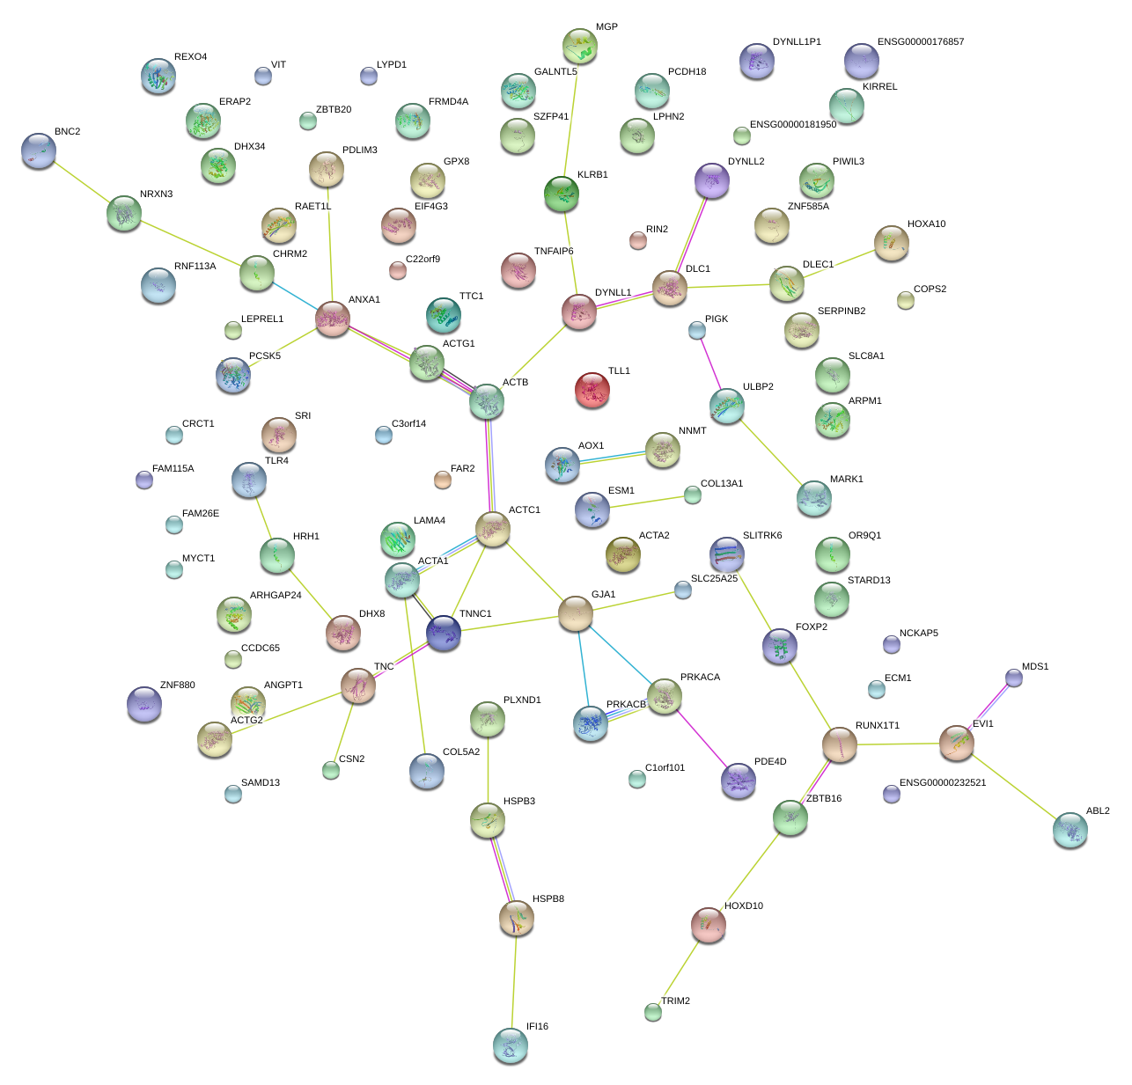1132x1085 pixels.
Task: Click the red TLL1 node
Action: [x=592, y=390]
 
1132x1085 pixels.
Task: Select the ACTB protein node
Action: [x=487, y=401]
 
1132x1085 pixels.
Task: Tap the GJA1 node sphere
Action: [x=576, y=613]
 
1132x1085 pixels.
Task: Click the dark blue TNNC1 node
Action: [x=444, y=632]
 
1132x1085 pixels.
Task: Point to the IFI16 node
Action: [x=511, y=1045]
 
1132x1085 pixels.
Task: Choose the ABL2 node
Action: [x=1070, y=830]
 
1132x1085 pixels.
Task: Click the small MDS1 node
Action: [x=1014, y=678]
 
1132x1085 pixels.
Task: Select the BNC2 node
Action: [x=39, y=150]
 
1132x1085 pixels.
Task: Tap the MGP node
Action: [x=580, y=46]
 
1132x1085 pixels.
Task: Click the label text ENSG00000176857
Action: [x=920, y=42]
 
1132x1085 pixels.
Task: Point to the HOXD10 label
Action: [x=744, y=906]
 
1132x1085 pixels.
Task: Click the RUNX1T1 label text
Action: [x=877, y=726]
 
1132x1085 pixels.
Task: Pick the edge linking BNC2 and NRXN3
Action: [x=82, y=182]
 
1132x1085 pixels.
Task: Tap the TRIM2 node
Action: [x=652, y=1012]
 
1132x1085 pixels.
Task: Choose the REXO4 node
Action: [x=158, y=77]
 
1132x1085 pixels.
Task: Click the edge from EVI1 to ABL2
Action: [x=1014, y=787]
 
